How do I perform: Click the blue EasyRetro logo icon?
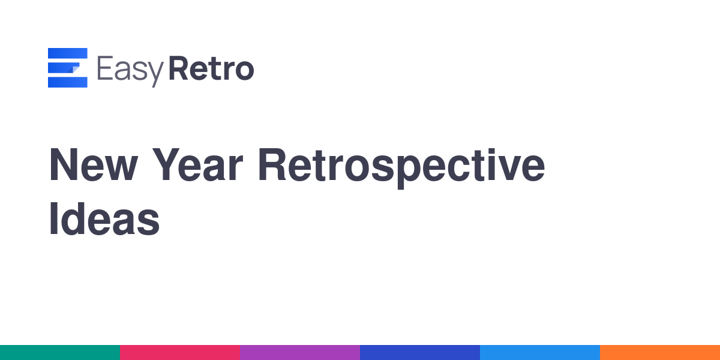(67, 67)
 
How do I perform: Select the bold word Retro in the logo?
(211, 68)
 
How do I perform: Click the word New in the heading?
(94, 164)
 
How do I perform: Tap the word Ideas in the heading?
(104, 218)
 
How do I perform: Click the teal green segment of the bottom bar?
(60, 353)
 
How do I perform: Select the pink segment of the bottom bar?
(180, 353)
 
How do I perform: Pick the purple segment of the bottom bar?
(300, 353)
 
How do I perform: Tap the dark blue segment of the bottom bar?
(420, 353)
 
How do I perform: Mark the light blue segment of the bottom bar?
(540, 353)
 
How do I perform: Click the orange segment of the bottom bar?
(660, 353)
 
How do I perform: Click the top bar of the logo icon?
(67, 53)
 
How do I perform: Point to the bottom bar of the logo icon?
(67, 82)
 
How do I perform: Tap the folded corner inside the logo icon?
(74, 69)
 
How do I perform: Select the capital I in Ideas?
(53, 218)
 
